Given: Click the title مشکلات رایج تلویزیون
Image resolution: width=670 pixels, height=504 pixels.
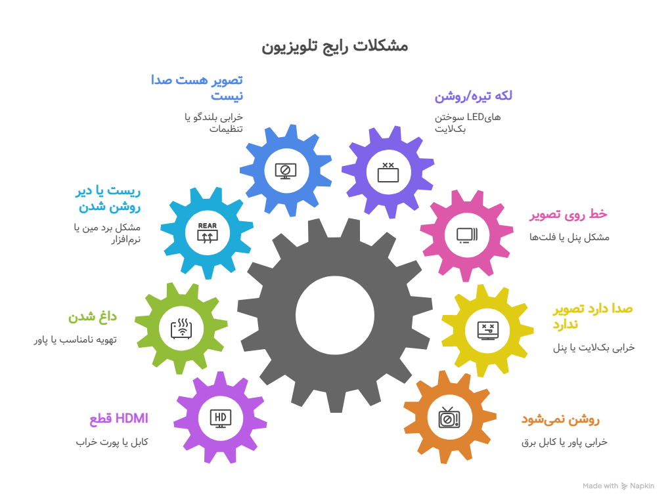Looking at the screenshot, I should click(335, 46).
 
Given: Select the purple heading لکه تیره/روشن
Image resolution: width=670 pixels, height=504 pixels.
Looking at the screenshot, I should click(473, 96).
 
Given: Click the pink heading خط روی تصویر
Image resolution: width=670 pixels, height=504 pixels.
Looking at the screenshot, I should click(568, 215).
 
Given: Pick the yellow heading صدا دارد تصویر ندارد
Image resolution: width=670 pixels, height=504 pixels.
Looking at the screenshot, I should click(592, 316).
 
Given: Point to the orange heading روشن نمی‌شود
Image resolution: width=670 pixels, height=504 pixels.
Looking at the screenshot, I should click(560, 419).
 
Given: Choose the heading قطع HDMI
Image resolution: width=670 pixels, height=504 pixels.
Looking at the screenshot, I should click(119, 419).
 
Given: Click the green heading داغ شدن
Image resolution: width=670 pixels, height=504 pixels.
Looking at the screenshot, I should click(93, 317).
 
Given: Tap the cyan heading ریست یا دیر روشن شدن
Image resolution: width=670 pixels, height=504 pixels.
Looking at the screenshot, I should click(108, 199).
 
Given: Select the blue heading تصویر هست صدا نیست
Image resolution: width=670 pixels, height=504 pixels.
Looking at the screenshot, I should click(197, 87).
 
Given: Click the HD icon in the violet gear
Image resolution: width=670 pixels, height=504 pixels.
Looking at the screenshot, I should click(220, 417).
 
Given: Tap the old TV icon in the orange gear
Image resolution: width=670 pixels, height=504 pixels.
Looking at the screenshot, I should click(449, 417).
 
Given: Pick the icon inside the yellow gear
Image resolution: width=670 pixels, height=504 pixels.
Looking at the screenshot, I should click(488, 329).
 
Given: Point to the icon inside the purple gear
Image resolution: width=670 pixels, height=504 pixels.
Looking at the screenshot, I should click(388, 172).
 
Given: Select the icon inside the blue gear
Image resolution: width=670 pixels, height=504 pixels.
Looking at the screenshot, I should click(286, 171).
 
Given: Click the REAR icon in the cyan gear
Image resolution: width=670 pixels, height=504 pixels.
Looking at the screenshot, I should click(207, 234).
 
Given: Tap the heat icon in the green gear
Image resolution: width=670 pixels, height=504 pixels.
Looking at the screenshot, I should click(181, 327).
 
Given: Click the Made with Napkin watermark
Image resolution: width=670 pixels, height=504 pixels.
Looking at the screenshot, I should click(618, 486).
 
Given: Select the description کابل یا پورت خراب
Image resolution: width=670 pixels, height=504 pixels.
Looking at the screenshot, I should click(112, 442).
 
